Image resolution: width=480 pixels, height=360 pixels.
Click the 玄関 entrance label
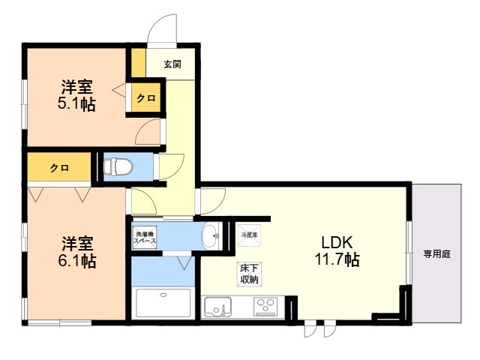coord(172,64)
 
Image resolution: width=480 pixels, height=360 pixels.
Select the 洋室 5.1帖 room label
coord(77,95)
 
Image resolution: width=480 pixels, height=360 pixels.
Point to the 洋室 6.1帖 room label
coord(78,252)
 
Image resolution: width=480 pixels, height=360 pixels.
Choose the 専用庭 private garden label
coord(436,254)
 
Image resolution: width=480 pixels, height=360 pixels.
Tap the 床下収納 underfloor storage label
coord(250,274)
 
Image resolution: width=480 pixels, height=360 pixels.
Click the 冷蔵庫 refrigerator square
coord(248,235)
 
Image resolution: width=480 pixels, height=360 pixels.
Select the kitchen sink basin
coord(217,307)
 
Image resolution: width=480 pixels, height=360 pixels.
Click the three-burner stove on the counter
coord(265,306)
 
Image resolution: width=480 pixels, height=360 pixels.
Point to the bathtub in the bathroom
coord(163,304)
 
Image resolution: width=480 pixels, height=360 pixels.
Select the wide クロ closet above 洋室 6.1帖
coord(60,168)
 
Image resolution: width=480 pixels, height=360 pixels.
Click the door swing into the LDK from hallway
coord(212,199)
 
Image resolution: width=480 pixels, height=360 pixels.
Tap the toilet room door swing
coord(170,165)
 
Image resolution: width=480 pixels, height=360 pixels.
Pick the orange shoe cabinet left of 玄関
coord(138,61)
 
